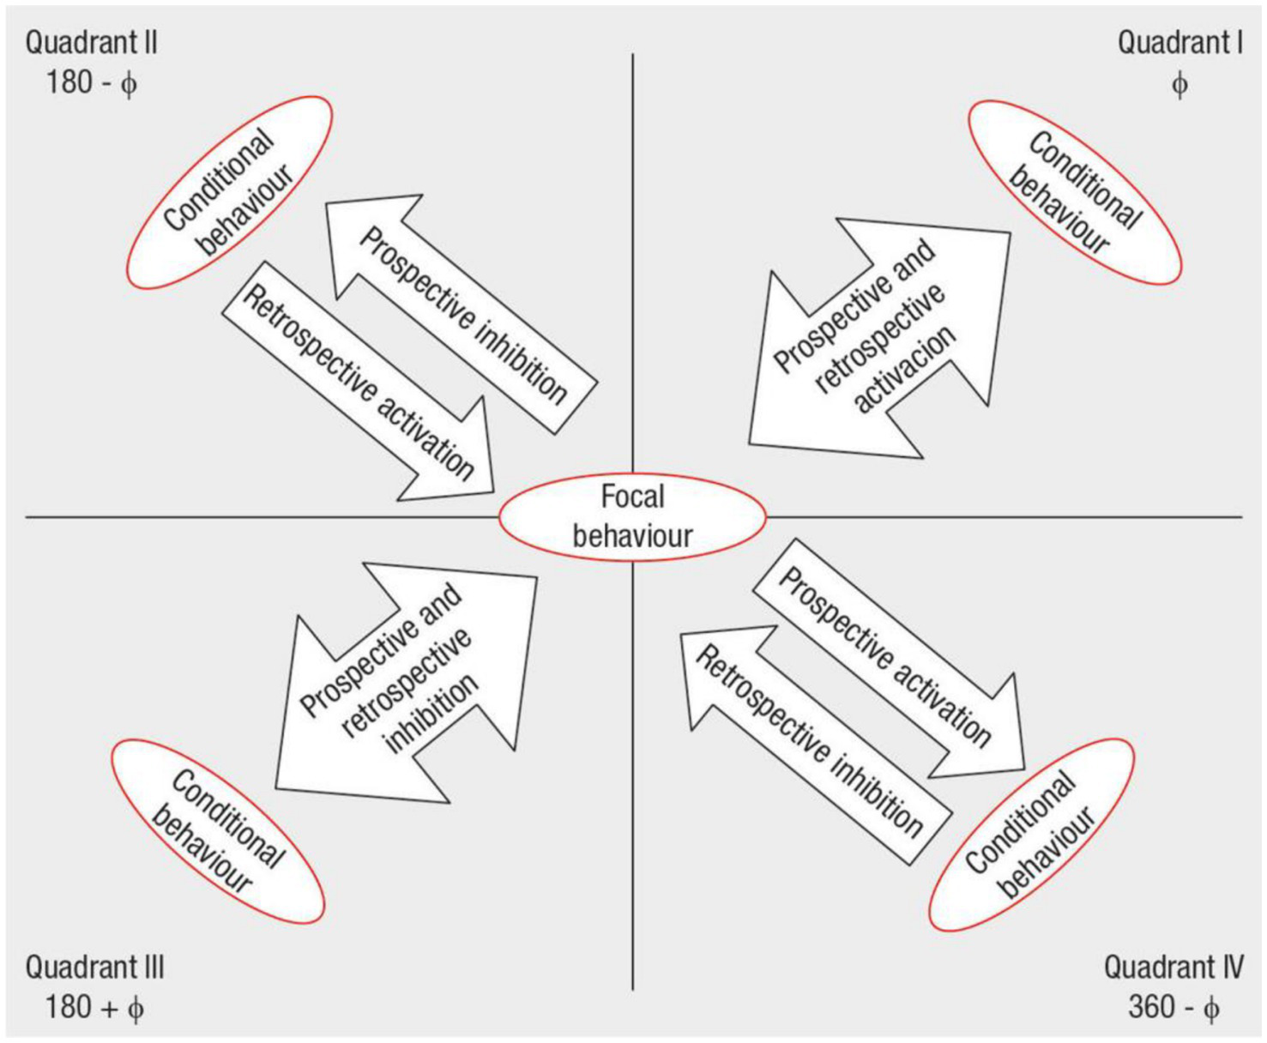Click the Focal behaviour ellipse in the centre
pos(632,517)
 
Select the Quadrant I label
pos(1180,43)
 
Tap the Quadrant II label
pos(91,43)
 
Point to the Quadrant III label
pos(94,968)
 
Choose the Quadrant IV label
pos(1173,968)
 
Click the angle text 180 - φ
pos(91,83)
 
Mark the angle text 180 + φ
pos(94,1007)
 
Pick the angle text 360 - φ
pos(1173,1007)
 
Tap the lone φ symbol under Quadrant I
pos(1180,84)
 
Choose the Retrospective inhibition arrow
pos(811,742)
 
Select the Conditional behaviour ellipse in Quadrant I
pos(1075,192)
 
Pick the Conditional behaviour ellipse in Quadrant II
pos(229,192)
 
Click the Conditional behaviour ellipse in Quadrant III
pos(218,831)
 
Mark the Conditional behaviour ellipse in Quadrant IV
pos(1032,835)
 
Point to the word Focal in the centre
pos(632,497)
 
